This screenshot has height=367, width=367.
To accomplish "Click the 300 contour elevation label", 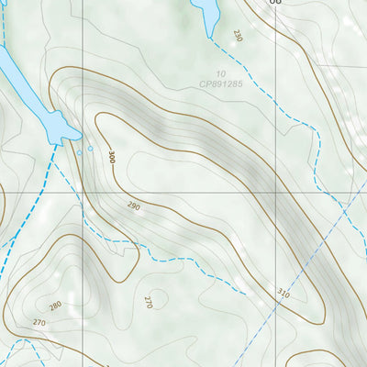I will pos(112,158).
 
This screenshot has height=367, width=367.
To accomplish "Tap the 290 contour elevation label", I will pos(134,207).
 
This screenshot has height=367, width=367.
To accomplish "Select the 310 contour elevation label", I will pos(282,294).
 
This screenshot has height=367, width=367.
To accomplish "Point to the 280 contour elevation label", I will pos(55,306).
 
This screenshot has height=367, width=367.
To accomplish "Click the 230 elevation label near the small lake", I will pos(238,36).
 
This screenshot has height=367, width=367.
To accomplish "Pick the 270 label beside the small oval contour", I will pos(149,301).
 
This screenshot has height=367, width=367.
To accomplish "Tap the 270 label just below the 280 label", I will pos(39,323).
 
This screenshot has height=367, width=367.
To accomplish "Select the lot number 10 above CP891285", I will pos(221,73).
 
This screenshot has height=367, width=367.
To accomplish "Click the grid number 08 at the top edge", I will pos(275,4).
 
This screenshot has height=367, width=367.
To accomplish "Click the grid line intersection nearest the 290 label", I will pos(82,193).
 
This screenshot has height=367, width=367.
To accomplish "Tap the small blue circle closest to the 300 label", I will pos(90,148).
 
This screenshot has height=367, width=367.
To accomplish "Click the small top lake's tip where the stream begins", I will pos(213,38).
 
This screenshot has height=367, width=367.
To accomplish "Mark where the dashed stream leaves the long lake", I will pos(59,143).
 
